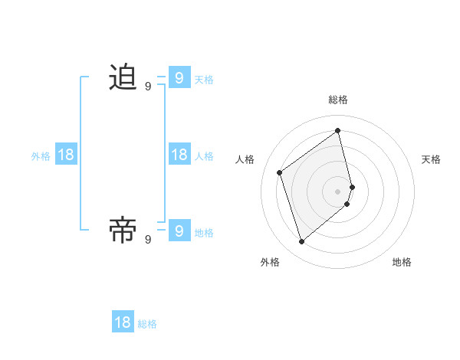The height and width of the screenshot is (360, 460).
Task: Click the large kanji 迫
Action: [x=123, y=77]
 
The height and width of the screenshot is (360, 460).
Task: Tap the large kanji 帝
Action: [x=123, y=230]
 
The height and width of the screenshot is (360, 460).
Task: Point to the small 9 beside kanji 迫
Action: [x=148, y=87]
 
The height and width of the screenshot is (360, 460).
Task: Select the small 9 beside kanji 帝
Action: [x=148, y=239]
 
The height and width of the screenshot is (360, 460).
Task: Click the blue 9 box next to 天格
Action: [x=179, y=77]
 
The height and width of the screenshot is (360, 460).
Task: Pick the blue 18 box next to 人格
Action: [x=179, y=155]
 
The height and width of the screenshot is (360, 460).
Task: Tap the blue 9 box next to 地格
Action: [x=179, y=230]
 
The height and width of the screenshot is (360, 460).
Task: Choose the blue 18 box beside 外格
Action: [x=66, y=155]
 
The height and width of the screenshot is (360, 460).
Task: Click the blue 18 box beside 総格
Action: [x=123, y=322]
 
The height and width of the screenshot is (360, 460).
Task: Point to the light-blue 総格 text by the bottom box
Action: [x=147, y=324]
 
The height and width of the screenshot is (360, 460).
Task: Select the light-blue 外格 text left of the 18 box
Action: [x=41, y=156]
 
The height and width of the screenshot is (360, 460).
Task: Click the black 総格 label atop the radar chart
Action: [x=338, y=100]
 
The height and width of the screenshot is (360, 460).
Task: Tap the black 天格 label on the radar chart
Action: [x=431, y=159]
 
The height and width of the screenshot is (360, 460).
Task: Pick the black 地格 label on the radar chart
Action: [x=402, y=262]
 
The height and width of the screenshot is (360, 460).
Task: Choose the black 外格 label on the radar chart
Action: [x=270, y=262]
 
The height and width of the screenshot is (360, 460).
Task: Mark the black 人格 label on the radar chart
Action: [x=245, y=159]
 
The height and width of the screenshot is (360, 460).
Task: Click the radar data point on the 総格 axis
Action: [x=338, y=130]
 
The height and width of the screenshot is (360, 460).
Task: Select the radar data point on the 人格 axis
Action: [x=280, y=172]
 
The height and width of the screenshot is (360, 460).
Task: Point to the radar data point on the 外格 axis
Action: [x=301, y=242]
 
